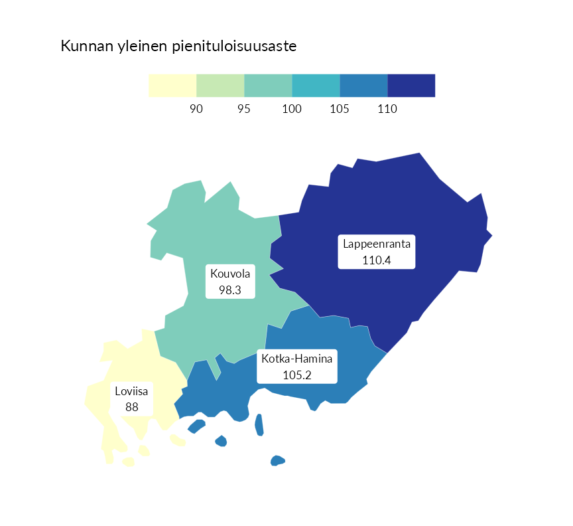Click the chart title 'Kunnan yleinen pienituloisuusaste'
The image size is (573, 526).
point(178,46)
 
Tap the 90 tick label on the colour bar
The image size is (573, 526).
point(196,109)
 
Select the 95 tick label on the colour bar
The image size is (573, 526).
point(244,109)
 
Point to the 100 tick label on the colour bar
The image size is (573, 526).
point(292,109)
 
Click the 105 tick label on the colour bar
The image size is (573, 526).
point(340,109)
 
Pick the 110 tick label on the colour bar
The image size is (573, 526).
point(387,109)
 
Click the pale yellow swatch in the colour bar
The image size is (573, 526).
point(172,86)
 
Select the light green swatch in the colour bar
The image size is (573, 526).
point(220,86)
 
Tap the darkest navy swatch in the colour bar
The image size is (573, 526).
point(411,86)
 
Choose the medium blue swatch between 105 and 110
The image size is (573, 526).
point(363,86)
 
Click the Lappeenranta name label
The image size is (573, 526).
point(377,244)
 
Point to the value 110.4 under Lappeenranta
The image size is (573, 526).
point(377,260)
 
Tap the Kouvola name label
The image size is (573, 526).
point(230,274)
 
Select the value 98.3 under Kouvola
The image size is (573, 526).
point(230,290)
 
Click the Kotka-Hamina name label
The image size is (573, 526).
point(297,359)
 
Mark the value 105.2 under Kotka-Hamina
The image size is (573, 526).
point(297,375)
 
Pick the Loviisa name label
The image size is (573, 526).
point(132,391)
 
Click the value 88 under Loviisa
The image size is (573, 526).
point(132,406)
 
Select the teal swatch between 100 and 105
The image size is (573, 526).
point(316,86)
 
